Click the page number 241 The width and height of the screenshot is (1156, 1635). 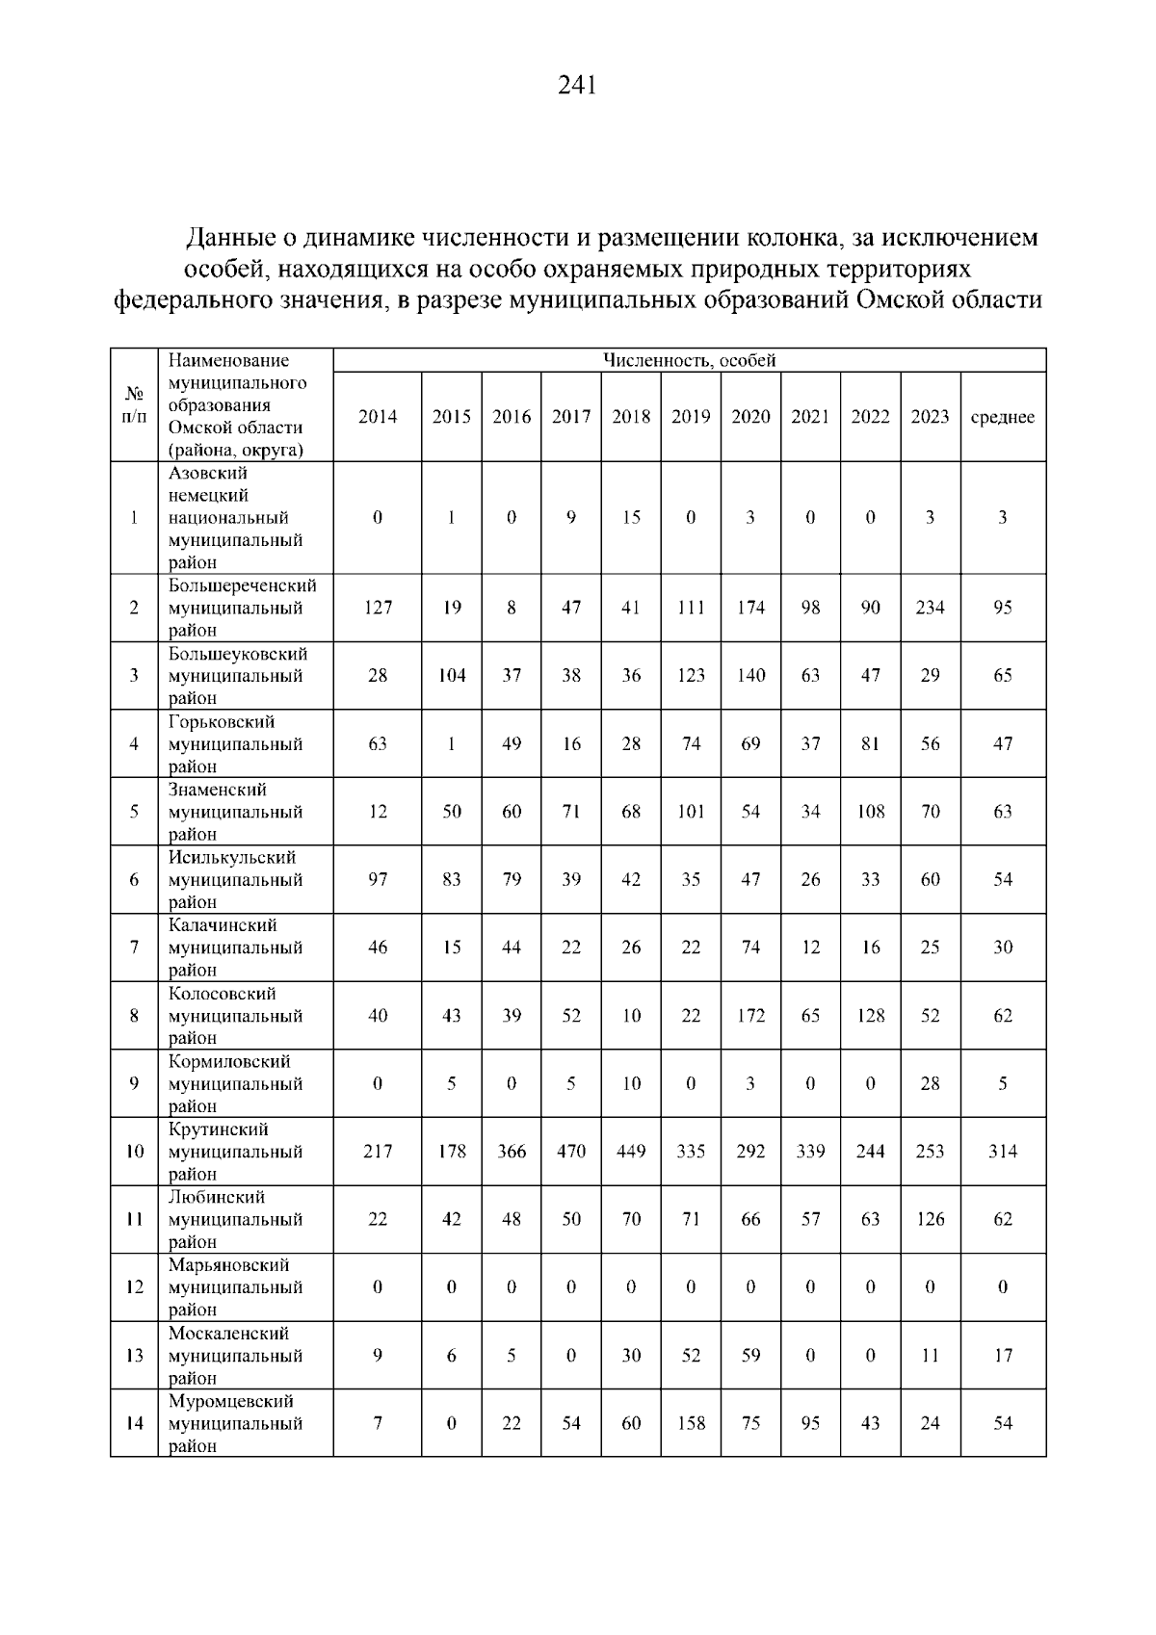click(577, 87)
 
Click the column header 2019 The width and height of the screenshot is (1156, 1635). click(691, 417)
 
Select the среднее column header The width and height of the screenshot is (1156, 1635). click(1002, 417)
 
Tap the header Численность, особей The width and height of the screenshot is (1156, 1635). click(689, 361)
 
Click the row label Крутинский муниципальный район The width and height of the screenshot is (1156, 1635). click(235, 1152)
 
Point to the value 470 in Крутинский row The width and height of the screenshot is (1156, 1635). click(571, 1152)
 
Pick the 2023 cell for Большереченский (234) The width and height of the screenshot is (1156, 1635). click(930, 608)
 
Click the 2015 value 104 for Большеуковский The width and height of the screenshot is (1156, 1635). click(451, 676)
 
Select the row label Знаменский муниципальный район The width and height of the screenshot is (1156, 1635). click(235, 812)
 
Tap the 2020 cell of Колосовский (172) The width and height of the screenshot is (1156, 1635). click(750, 1016)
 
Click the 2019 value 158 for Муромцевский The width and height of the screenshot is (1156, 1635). click(691, 1423)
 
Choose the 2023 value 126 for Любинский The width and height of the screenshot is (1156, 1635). click(930, 1219)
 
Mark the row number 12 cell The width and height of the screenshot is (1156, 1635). click(135, 1287)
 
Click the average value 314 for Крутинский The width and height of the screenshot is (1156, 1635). click(1002, 1152)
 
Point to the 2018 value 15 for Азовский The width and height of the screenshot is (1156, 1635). click(631, 517)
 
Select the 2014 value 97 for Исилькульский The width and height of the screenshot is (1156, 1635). click(378, 879)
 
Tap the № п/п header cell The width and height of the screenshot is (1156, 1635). click(135, 405)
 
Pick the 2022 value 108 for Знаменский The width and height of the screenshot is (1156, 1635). click(870, 812)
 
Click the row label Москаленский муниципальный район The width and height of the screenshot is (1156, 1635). click(235, 1356)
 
